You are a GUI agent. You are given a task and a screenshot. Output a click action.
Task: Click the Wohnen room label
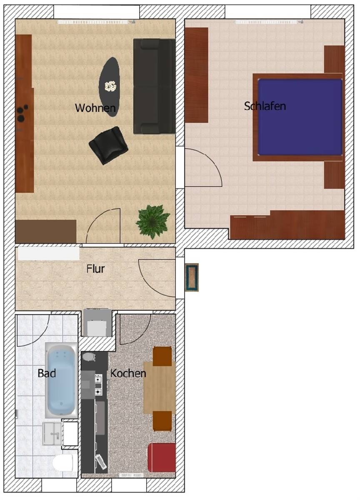95,108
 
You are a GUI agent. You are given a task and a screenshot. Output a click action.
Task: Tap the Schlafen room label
265,106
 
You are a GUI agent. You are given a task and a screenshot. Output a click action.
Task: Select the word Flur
95,269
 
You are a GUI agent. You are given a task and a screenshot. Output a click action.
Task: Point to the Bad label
47,373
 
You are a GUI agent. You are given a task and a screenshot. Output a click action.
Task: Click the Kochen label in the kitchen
128,373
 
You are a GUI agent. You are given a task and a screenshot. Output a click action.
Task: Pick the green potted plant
153,222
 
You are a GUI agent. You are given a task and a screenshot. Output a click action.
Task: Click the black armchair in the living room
108,145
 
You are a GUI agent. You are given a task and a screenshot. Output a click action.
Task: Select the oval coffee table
109,87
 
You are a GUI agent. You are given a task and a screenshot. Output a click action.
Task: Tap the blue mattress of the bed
300,117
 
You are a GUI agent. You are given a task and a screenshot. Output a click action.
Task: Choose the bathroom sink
52,434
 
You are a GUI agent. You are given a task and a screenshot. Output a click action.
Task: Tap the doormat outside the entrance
192,277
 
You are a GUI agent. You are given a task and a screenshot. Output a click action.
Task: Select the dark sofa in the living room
154,86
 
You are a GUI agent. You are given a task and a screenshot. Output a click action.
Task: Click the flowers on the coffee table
110,86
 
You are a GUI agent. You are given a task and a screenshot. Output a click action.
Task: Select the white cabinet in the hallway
49,253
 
